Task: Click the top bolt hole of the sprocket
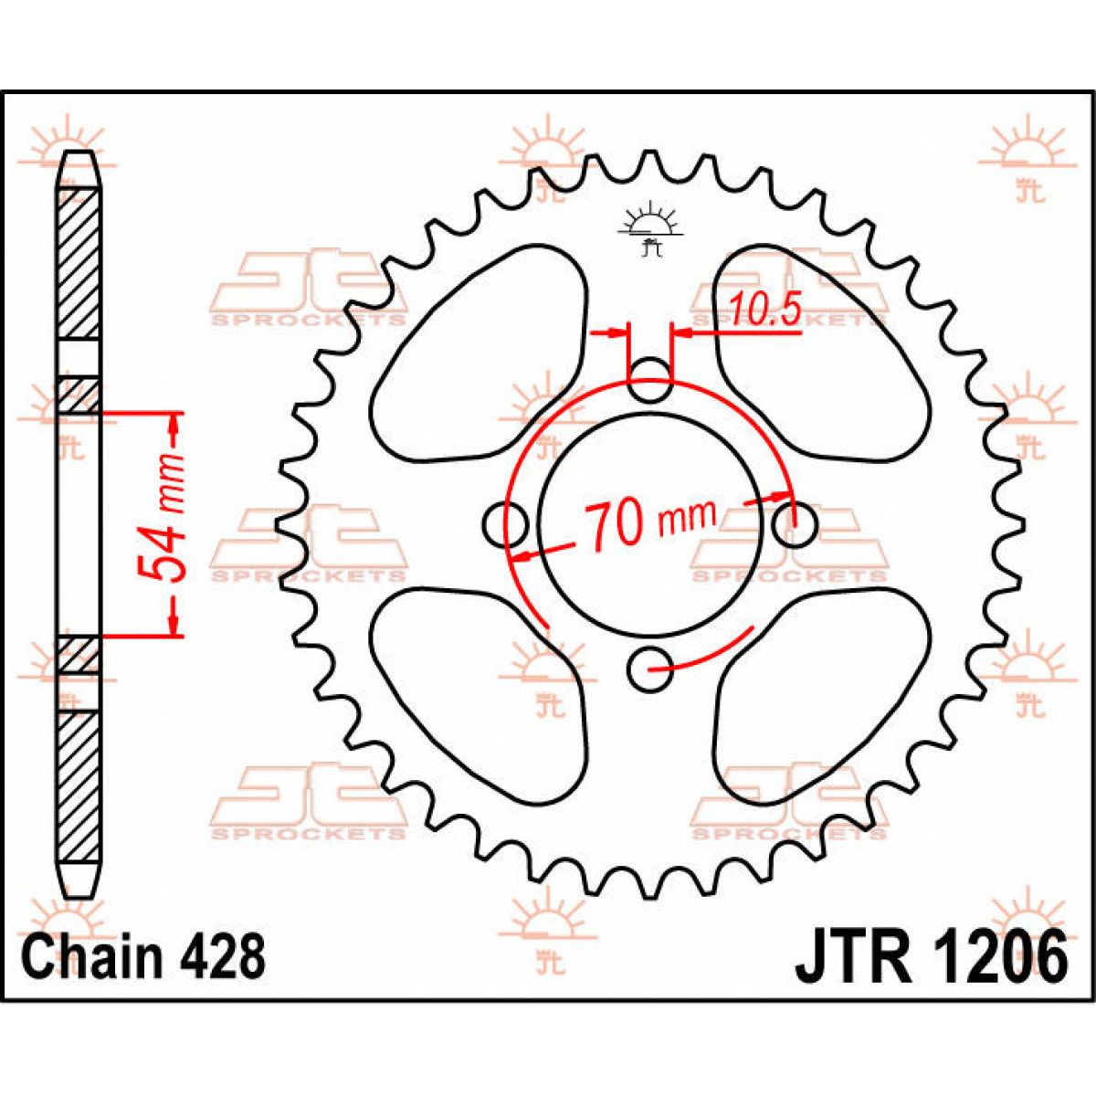[x=649, y=380]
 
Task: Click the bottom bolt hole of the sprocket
[x=649, y=669]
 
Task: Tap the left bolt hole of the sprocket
[x=505, y=525]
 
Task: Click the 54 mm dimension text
[x=162, y=518]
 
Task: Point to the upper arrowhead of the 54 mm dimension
[x=175, y=427]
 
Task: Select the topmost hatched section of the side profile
[x=79, y=263]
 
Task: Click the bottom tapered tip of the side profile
[x=79, y=879]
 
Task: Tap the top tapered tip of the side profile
[x=79, y=169]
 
